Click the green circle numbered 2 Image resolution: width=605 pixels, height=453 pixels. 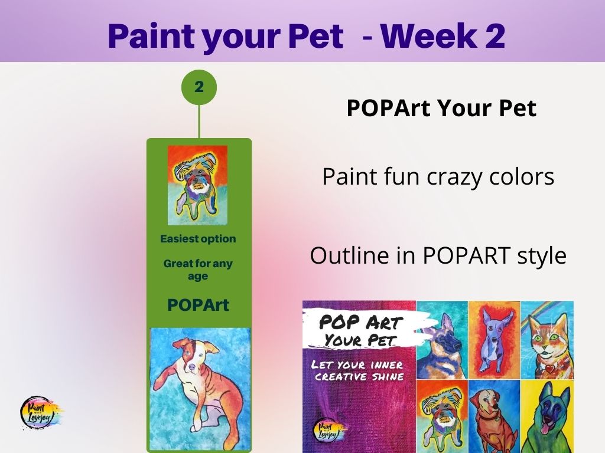click(x=199, y=87)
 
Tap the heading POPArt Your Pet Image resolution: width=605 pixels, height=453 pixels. click(x=441, y=108)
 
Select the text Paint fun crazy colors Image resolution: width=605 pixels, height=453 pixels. click(x=438, y=176)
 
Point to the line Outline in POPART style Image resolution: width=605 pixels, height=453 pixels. click(x=438, y=255)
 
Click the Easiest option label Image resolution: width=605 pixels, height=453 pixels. click(x=198, y=239)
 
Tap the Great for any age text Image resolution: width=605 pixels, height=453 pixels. click(x=198, y=270)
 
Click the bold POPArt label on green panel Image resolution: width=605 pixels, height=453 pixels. click(x=199, y=305)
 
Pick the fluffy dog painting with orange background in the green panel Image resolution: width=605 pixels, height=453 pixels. click(x=197, y=185)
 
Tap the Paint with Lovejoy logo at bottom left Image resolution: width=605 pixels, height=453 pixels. click(x=40, y=412)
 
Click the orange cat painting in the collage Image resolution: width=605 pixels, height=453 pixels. click(x=547, y=340)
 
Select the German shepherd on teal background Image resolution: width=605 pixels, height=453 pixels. click(x=442, y=340)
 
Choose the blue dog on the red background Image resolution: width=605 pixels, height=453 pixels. click(x=495, y=340)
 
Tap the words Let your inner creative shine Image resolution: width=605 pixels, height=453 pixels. click(x=359, y=370)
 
